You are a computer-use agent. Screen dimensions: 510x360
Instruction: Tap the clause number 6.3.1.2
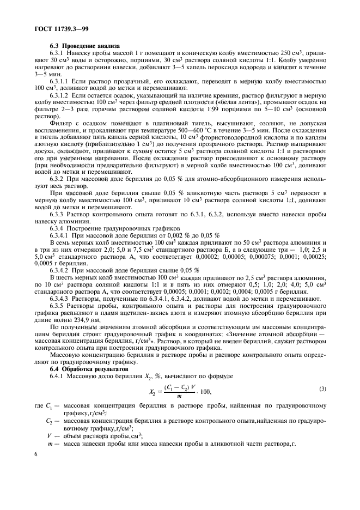[x=62, y=95]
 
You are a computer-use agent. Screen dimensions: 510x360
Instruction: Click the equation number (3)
[x=322, y=388]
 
